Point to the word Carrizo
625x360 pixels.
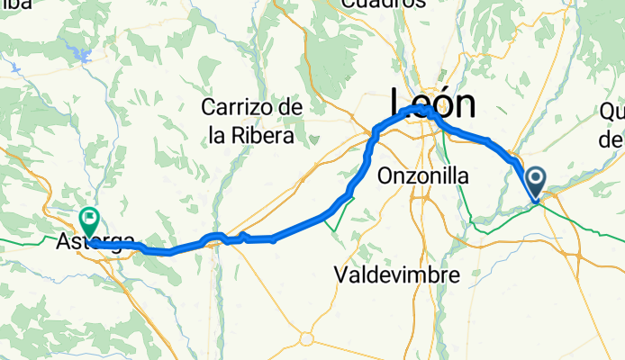point(238,108)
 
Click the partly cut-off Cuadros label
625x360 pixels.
point(384,4)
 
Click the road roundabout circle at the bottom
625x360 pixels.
point(306,339)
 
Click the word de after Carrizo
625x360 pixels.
point(290,108)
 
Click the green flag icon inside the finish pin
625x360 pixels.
point(90,217)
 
